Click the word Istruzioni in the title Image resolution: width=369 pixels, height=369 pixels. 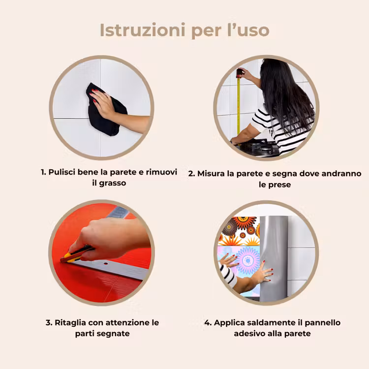coord(142,30)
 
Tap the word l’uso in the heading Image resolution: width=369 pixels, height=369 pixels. coord(248,30)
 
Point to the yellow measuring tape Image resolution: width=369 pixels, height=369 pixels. coord(239,103)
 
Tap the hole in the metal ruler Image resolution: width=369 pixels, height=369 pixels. coord(106,263)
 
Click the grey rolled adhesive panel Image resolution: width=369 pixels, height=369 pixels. coord(274,258)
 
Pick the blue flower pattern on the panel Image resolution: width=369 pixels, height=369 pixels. coord(247,260)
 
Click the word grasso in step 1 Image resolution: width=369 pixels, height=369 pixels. coord(113,183)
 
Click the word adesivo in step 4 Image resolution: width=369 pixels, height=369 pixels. coord(249,334)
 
